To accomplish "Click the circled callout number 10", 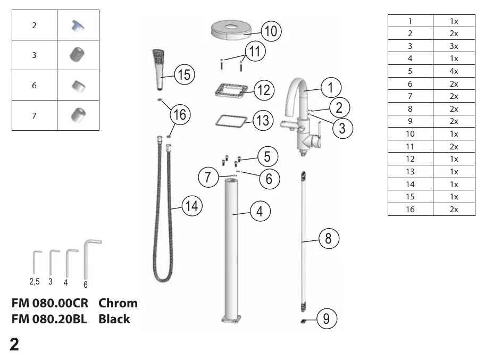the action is pos(271,31).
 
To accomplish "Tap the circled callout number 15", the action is pos(185,74).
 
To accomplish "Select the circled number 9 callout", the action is pos(327,319).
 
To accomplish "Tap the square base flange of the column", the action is pos(231,319).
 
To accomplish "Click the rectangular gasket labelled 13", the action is pos(231,121).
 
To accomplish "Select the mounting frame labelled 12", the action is pos(231,90).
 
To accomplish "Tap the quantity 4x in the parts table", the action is pos(454,71).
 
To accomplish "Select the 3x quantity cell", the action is pos(454,46).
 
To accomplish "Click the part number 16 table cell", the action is pos(410,210).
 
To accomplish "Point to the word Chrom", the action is pos(118,303).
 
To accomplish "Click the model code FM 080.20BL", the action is pos(49,319).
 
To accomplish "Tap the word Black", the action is pos(114,319).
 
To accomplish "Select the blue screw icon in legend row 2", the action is pos(78,26).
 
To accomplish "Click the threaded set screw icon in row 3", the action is pos(77,54).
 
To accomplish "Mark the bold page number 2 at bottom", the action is pos(14,344).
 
